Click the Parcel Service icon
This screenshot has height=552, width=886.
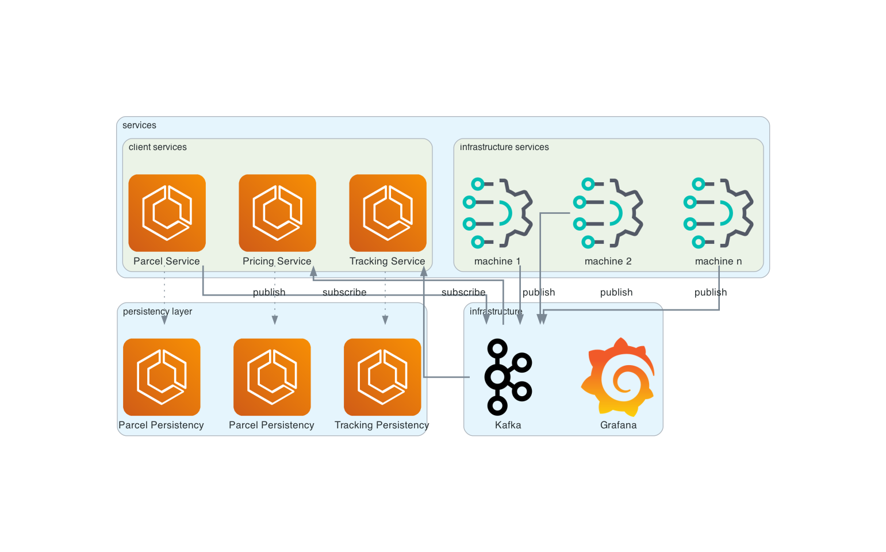[x=167, y=213]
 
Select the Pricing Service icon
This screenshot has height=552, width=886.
[x=277, y=213]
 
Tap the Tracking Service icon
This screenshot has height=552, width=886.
[x=388, y=213]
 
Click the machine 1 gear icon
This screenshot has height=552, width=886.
[x=498, y=213]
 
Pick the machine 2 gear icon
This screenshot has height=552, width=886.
[x=608, y=213]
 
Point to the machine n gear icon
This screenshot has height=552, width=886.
[x=719, y=213]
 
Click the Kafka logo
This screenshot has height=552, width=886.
[x=508, y=377]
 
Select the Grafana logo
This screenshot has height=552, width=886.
[x=618, y=377]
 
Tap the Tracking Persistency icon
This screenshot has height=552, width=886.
[x=382, y=377]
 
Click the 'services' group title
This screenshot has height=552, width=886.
[x=139, y=125]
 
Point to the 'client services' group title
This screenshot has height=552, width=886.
[x=158, y=147]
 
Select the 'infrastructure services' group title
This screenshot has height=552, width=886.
[x=504, y=147]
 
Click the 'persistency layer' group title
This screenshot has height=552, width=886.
[x=158, y=312]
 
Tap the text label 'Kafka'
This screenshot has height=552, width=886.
[x=508, y=425]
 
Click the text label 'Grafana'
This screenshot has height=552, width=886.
[x=618, y=425]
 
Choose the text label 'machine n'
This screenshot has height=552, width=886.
[x=718, y=262]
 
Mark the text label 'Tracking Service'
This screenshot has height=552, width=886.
[x=387, y=262]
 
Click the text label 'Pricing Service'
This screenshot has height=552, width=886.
[x=277, y=262]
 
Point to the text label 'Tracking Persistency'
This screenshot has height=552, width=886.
[x=382, y=425]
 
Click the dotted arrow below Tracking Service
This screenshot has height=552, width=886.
[x=385, y=299]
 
